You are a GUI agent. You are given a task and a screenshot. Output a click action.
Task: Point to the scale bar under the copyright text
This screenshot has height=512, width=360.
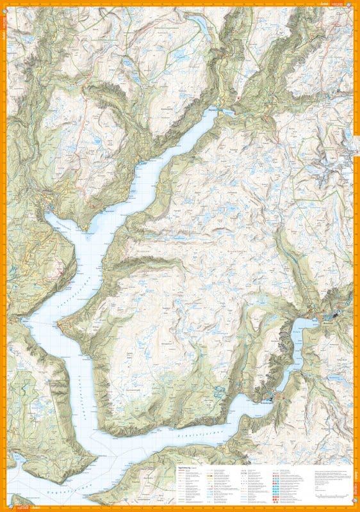(324, 493)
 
